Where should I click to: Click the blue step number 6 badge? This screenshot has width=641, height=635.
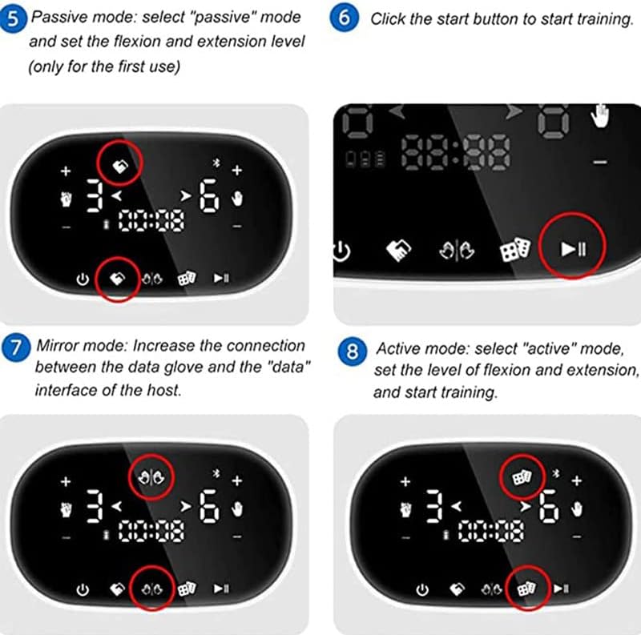click(x=345, y=18)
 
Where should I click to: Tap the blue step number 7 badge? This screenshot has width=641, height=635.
click(x=16, y=348)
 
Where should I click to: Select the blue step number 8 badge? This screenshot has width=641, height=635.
click(x=352, y=352)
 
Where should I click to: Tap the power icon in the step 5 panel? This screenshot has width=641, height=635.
click(x=83, y=279)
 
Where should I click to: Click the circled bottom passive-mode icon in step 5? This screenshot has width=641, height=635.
click(x=118, y=279)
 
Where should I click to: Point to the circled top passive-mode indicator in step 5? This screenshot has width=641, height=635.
click(x=120, y=166)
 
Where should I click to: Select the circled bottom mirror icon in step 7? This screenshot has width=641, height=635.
click(x=152, y=589)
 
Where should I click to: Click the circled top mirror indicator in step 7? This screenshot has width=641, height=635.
click(x=151, y=477)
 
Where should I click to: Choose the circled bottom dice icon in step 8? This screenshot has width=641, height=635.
click(x=527, y=589)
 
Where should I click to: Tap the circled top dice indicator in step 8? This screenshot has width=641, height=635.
click(x=522, y=477)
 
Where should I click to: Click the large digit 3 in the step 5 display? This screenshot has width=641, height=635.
click(x=95, y=195)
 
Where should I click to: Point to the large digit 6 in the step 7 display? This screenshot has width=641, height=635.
click(x=209, y=507)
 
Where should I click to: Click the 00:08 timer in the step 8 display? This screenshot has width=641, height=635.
click(x=491, y=532)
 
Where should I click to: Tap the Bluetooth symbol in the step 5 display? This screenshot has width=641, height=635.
click(x=217, y=163)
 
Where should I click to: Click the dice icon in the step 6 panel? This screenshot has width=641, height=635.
click(x=515, y=249)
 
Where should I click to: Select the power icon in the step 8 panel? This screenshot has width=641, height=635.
click(x=422, y=590)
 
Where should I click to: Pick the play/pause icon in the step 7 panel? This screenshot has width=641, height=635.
click(x=221, y=589)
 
